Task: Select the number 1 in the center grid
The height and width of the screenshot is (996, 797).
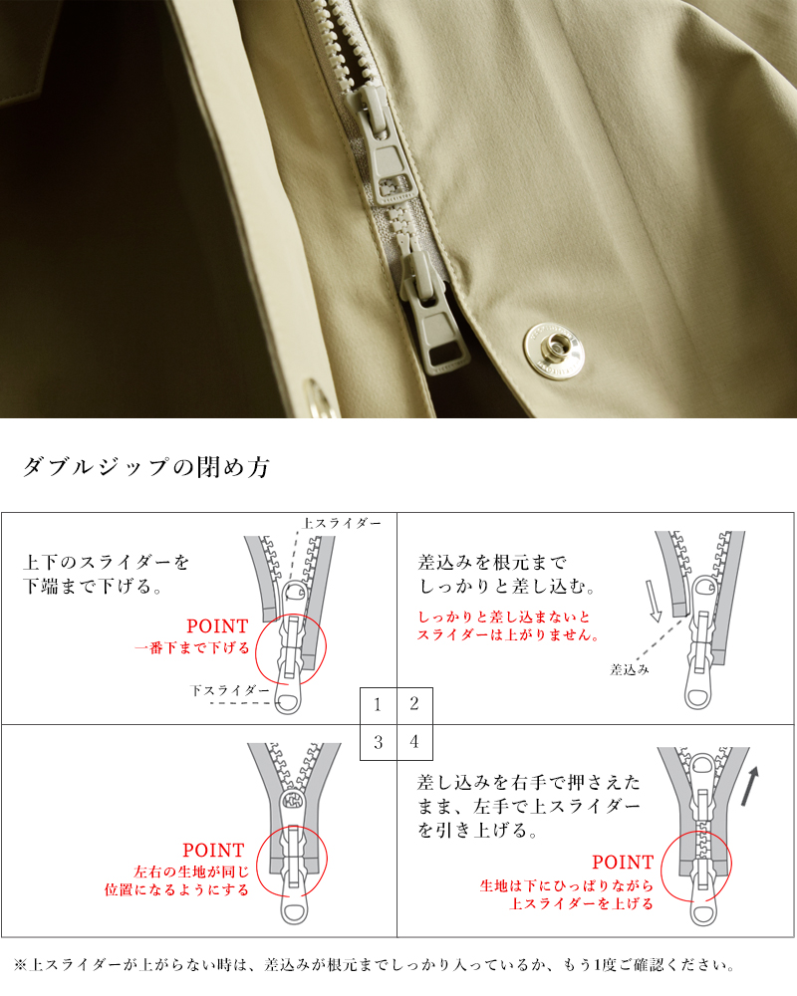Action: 378,705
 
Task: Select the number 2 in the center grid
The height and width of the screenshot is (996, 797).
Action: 414,705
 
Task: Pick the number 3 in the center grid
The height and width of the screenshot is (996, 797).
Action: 378,742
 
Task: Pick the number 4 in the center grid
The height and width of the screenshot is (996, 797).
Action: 414,742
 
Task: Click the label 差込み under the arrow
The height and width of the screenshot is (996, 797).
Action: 630,670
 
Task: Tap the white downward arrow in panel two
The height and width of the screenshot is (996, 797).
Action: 656,602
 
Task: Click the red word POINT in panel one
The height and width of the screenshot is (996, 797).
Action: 217,626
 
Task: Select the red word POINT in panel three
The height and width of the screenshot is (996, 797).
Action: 213,851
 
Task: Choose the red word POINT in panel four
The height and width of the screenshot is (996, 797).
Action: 623,863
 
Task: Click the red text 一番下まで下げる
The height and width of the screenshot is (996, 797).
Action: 192,647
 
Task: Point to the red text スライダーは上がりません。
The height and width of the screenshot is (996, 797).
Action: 507,635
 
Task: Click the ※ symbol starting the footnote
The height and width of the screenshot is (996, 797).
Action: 20,965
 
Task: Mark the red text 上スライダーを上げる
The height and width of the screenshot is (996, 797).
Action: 581,903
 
